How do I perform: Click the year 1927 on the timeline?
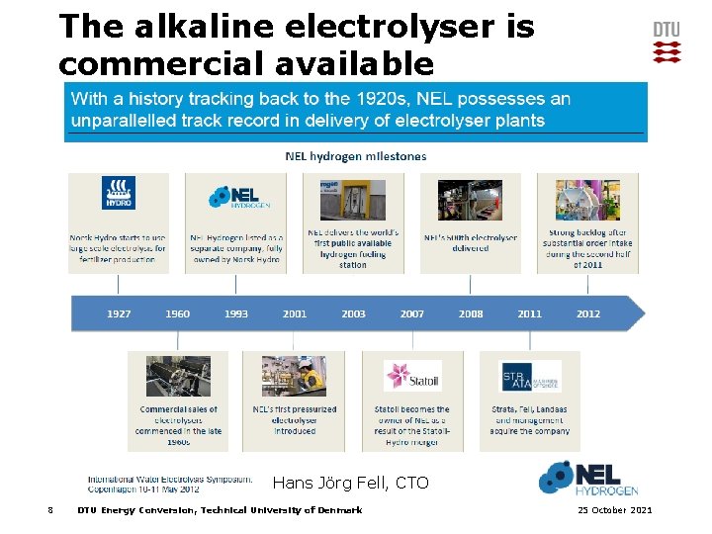[x=119, y=313]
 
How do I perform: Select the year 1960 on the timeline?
[x=178, y=313]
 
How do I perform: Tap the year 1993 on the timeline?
[x=236, y=313]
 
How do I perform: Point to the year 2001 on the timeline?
[x=295, y=313]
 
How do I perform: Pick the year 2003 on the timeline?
[x=353, y=313]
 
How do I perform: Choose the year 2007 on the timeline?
[x=412, y=313]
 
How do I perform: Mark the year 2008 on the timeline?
[x=471, y=313]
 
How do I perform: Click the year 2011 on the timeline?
[x=530, y=313]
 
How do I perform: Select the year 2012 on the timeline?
[x=588, y=313]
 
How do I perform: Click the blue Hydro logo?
[x=119, y=194]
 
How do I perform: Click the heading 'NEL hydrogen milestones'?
[x=355, y=156]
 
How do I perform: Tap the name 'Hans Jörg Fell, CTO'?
[x=350, y=483]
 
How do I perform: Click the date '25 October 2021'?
[x=614, y=510]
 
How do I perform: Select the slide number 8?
[x=49, y=510]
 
